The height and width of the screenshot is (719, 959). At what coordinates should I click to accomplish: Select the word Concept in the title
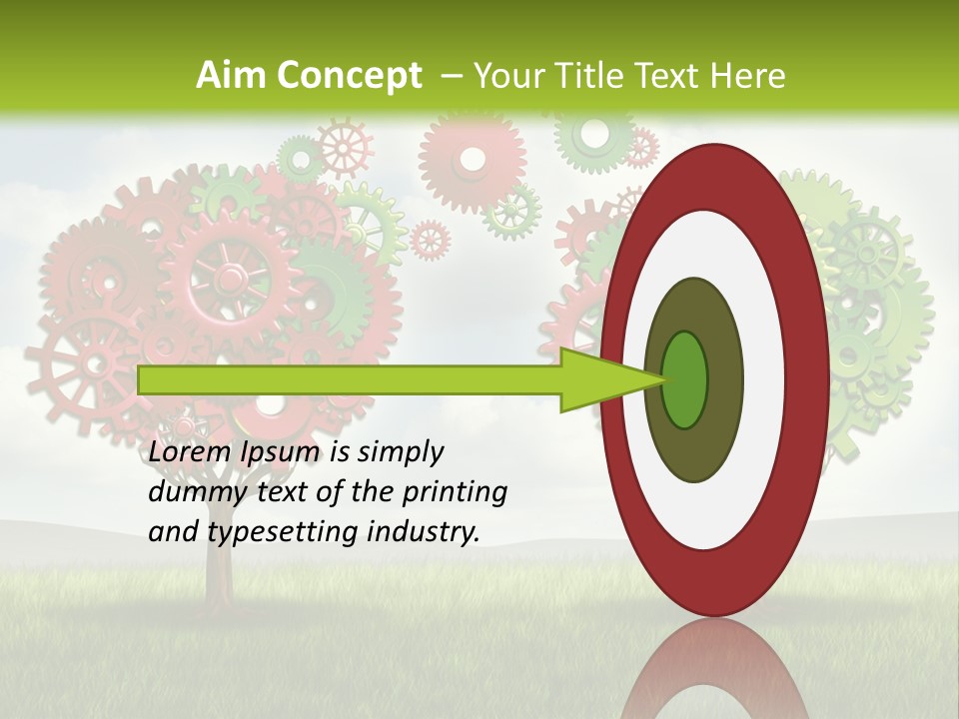tap(350, 76)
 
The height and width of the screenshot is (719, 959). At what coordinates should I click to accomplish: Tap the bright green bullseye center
tap(684, 379)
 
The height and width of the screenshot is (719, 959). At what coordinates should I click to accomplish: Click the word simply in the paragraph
tap(400, 452)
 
